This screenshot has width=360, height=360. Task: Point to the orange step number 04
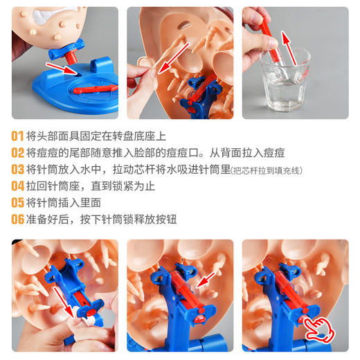[17, 186]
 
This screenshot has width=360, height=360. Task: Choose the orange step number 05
[17, 202]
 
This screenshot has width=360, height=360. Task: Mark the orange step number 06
[17, 219]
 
